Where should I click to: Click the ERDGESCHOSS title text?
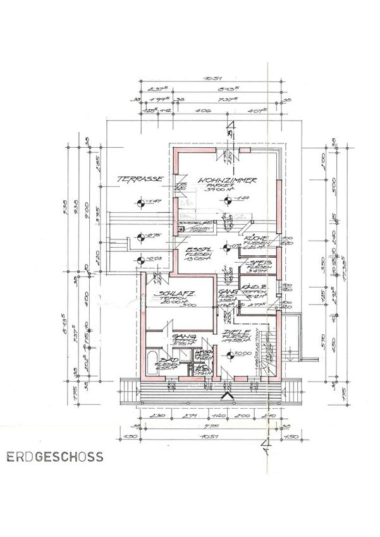tap(52, 455)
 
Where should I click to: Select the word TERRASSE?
tap(140, 180)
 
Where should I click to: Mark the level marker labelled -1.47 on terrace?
tap(141, 203)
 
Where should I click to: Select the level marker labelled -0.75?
tap(141, 239)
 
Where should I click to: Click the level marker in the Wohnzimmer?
tap(227, 200)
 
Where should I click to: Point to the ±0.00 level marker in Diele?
tap(231, 354)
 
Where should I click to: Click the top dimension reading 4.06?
tap(205, 110)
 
